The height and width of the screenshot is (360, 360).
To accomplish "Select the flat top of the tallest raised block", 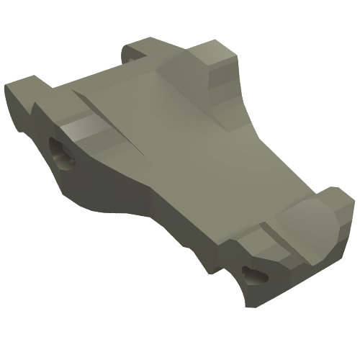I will (x=215, y=52).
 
